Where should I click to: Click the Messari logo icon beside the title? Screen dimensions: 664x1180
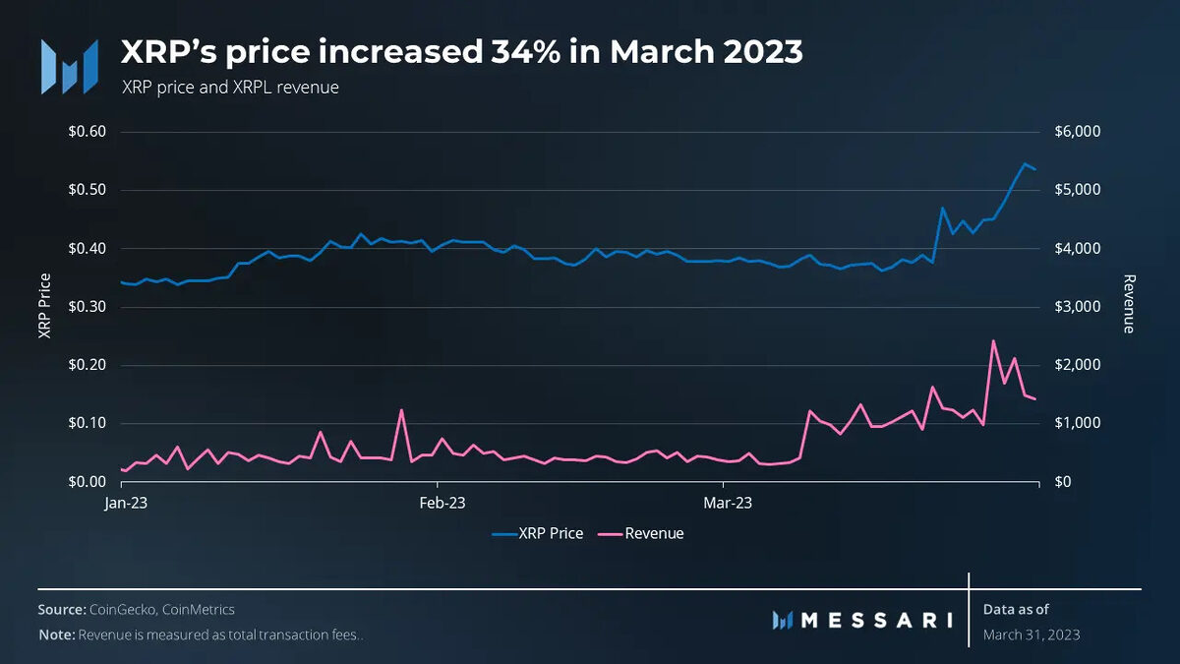click(x=69, y=67)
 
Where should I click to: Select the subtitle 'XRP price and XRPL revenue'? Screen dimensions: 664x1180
click(x=230, y=88)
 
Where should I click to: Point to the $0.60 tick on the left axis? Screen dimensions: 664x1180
click(x=86, y=132)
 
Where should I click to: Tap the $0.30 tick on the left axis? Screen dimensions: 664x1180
click(x=86, y=307)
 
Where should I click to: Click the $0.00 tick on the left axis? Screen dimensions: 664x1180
click(x=86, y=482)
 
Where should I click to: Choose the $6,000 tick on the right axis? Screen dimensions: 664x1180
click(x=1078, y=132)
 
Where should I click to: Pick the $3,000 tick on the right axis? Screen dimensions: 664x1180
click(x=1078, y=307)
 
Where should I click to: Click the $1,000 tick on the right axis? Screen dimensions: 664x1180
click(x=1078, y=423)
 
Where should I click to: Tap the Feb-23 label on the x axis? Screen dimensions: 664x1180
click(x=442, y=503)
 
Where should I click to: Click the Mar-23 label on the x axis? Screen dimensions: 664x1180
click(x=729, y=503)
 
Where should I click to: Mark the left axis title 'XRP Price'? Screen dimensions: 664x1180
click(x=44, y=306)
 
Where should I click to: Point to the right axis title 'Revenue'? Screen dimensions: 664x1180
click(x=1129, y=304)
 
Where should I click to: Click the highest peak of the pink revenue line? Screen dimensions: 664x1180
click(x=993, y=341)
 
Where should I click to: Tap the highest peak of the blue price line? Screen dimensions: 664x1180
click(x=1025, y=164)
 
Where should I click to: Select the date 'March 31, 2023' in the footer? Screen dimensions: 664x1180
click(x=1031, y=634)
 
